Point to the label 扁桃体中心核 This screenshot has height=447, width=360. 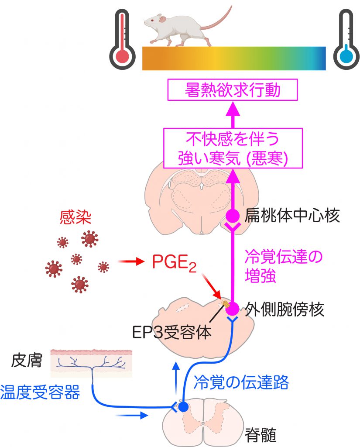[292, 215]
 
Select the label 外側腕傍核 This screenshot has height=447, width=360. [285, 309]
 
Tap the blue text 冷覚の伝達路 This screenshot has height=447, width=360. [241, 382]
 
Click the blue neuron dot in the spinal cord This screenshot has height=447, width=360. [183, 407]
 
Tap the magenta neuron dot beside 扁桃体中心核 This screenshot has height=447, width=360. [232, 215]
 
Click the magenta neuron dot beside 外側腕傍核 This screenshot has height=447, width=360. [232, 309]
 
